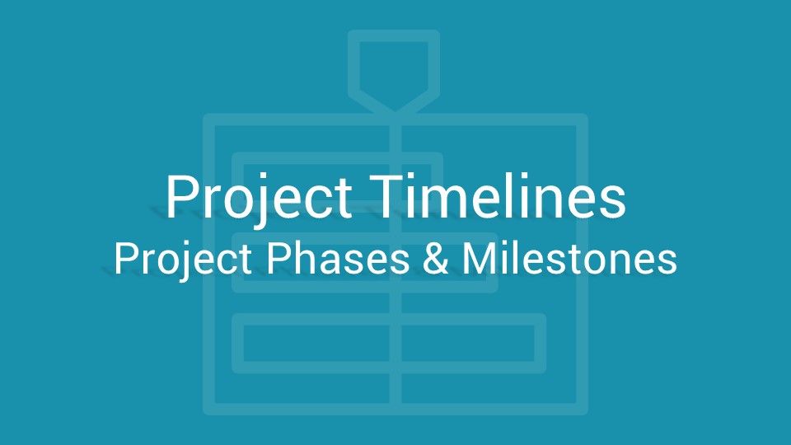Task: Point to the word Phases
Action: click(338, 258)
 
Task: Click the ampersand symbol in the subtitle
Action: click(435, 258)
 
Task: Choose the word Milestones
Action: click(569, 258)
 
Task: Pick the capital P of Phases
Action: click(278, 258)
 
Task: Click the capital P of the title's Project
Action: click(181, 196)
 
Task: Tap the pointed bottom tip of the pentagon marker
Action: click(395, 113)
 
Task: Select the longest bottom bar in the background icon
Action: click(389, 343)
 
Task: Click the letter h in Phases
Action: click(304, 258)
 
